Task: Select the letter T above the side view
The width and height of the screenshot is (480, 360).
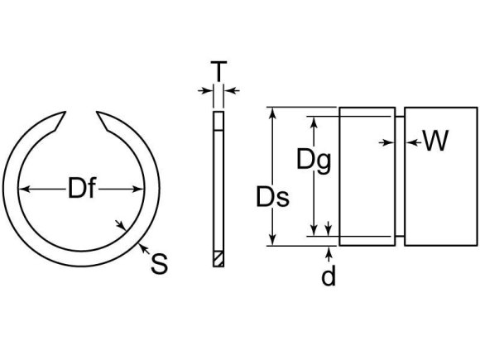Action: point(217,74)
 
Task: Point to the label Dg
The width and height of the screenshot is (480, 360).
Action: point(314,160)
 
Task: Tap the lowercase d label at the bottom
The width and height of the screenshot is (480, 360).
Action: point(329,276)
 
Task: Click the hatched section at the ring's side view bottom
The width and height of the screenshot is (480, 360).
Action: point(218,258)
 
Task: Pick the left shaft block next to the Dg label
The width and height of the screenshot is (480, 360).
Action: point(365,178)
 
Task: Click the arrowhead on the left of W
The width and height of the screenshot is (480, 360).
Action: point(388,143)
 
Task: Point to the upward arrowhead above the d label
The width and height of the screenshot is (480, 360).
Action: point(329,250)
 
